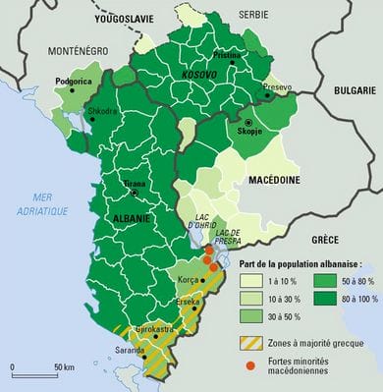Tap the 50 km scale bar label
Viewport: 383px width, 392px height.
tap(65, 366)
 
